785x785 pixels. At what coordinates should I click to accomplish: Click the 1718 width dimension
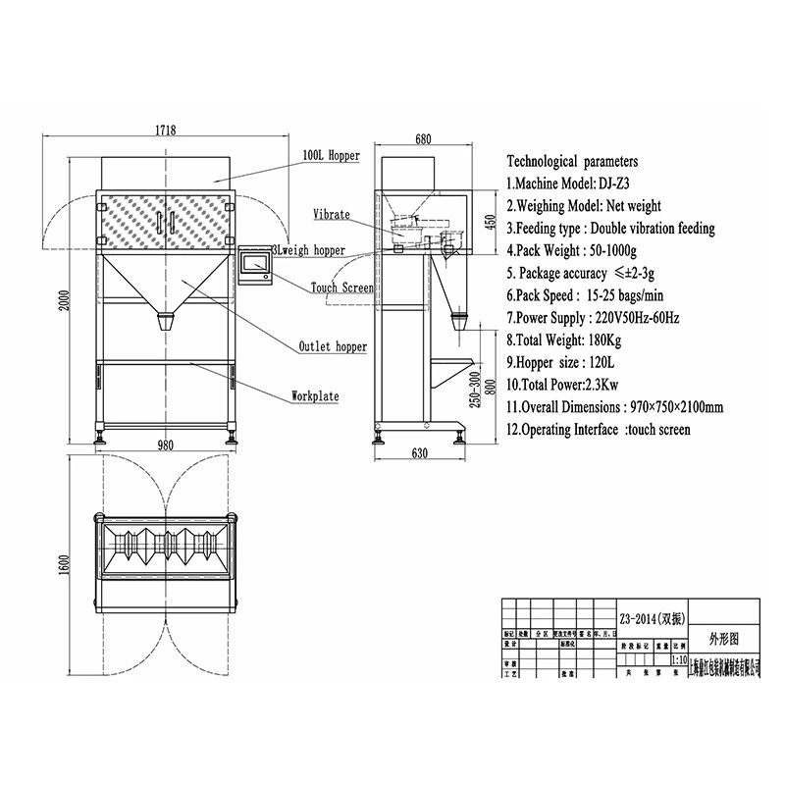coord(164,130)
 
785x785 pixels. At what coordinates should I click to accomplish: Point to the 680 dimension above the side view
coord(423,139)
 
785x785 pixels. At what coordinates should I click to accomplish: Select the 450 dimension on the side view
coord(489,221)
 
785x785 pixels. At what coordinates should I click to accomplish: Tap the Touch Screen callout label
coord(341,288)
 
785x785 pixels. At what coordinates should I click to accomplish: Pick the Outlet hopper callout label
coord(334,346)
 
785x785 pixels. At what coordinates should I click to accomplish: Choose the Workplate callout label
coord(315,396)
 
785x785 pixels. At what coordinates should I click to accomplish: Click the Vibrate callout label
coord(331,213)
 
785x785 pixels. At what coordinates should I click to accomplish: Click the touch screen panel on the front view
coord(258,263)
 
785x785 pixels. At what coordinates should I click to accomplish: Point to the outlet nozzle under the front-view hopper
coord(167,322)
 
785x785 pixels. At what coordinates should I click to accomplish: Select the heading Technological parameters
coord(572,160)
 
